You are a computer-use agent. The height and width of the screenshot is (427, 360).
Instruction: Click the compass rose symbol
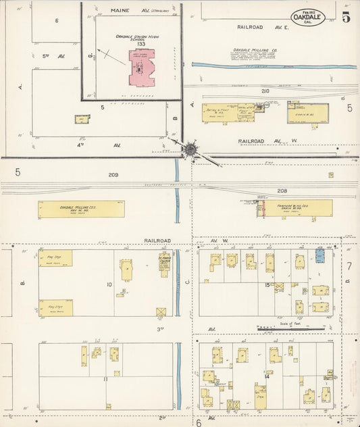(x=191, y=149)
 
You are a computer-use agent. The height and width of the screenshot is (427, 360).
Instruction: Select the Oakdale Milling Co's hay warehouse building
(x=82, y=209)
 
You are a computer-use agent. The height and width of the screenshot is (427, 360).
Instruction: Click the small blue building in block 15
(x=320, y=255)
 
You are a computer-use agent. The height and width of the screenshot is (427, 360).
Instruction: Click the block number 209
(x=113, y=175)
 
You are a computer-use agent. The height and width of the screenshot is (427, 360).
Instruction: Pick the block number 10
(x=109, y=284)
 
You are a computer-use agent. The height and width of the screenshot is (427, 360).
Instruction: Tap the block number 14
(x=267, y=376)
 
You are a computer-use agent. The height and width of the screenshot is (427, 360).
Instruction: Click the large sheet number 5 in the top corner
(x=346, y=17)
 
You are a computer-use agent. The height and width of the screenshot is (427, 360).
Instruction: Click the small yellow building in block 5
(x=82, y=120)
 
